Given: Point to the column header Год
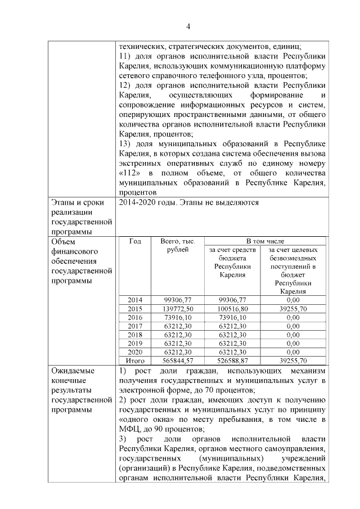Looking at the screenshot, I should (x=135, y=241).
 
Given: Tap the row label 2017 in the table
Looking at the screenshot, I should (x=135, y=326).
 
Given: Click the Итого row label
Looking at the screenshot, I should (x=135, y=361).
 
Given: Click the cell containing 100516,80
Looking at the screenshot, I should (x=232, y=309).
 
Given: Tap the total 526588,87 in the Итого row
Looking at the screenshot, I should (x=232, y=361).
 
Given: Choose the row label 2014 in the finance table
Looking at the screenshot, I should (x=135, y=300).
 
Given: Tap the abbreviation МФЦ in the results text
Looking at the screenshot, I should (x=130, y=427).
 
